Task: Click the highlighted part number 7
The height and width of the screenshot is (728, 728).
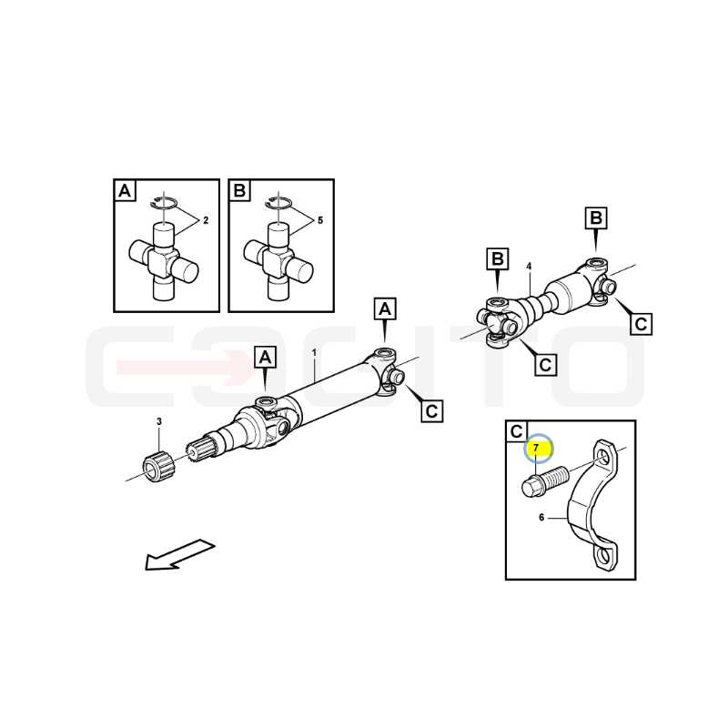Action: coord(536,448)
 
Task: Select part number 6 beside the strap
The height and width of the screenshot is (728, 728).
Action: coord(541,517)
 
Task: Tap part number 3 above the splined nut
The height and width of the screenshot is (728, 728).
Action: coord(159,421)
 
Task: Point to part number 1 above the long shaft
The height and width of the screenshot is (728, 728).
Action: coord(314,353)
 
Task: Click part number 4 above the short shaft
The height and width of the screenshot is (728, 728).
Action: coord(529,267)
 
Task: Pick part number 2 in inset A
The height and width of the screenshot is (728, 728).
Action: coord(206,220)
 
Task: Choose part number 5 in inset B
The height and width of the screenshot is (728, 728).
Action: coord(320,220)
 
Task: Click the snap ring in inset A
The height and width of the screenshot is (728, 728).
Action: coord(164,202)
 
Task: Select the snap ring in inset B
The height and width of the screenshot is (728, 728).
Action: coord(278,202)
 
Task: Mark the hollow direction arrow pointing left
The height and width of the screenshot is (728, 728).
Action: coord(179,554)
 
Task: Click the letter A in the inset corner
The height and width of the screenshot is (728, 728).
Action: coord(125,190)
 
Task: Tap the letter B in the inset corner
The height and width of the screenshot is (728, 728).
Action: coord(239,190)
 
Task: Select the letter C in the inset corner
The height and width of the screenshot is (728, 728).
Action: coord(516,431)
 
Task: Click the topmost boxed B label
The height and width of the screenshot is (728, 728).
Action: coord(596,217)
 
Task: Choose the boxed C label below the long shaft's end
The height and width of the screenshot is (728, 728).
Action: coord(431,411)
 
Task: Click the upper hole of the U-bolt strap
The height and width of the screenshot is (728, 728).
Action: coord(603,458)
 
